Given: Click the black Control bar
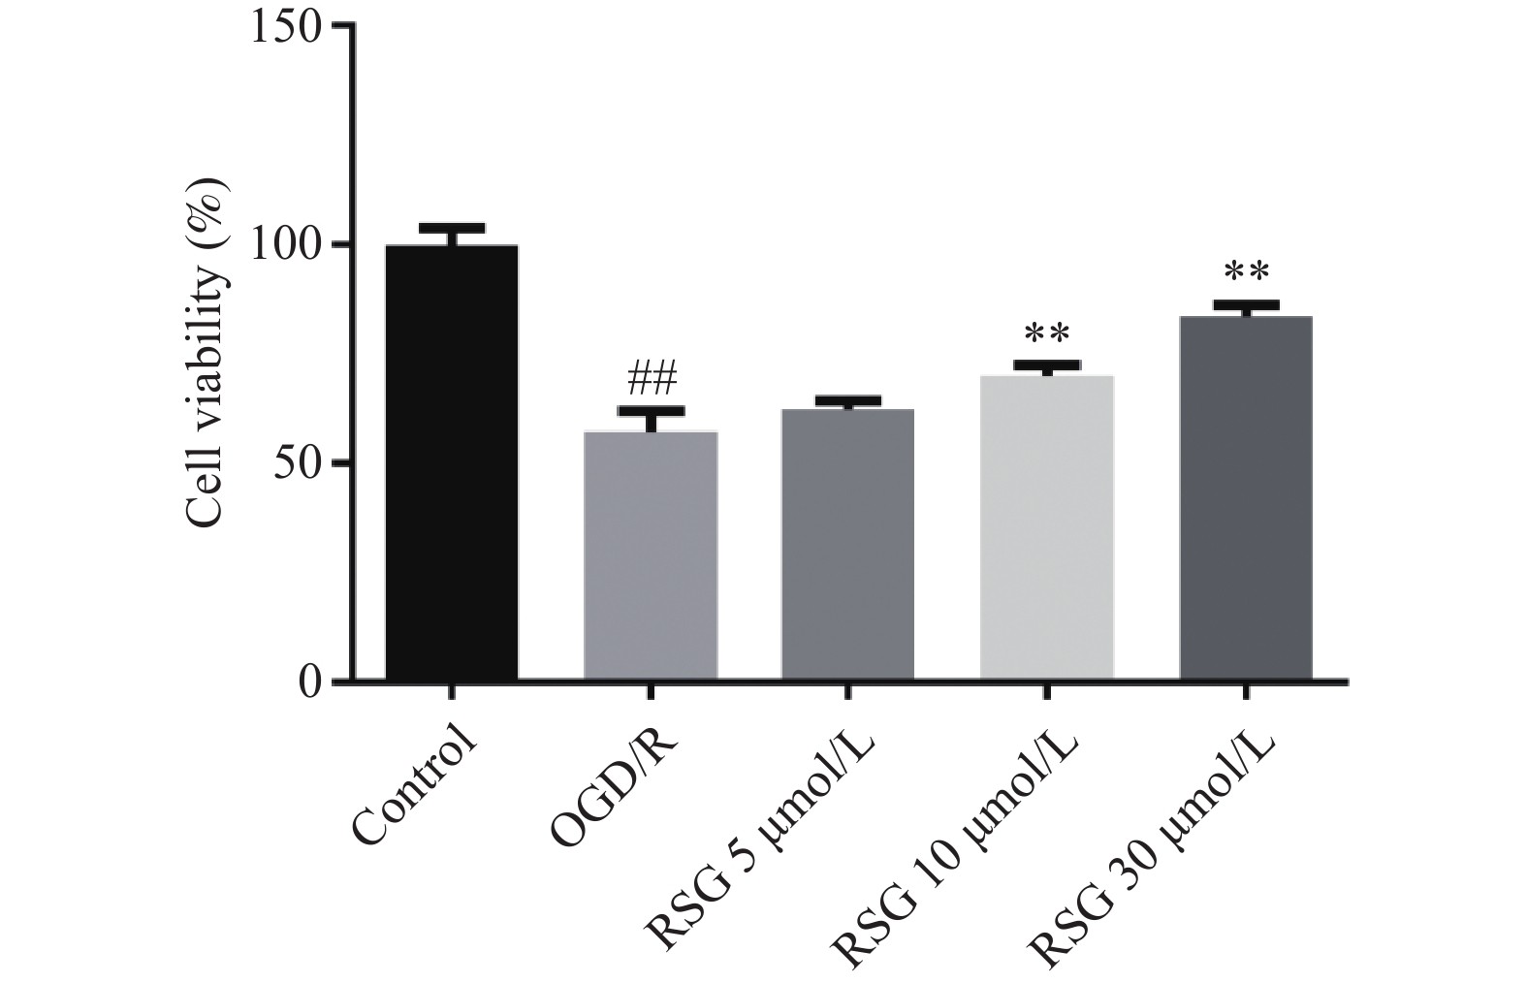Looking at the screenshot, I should [452, 462].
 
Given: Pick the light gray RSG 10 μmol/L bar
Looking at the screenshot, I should [1047, 527].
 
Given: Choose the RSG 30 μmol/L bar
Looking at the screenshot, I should [1246, 497].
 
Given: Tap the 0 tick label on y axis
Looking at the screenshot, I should [309, 682].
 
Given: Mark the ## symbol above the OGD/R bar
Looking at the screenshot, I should [651, 378].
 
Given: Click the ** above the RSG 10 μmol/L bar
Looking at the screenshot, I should [1047, 334].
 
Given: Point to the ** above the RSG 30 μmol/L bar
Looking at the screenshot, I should [1246, 272].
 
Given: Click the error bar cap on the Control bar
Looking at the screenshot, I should [452, 228].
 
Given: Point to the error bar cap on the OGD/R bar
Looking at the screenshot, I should [651, 411].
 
